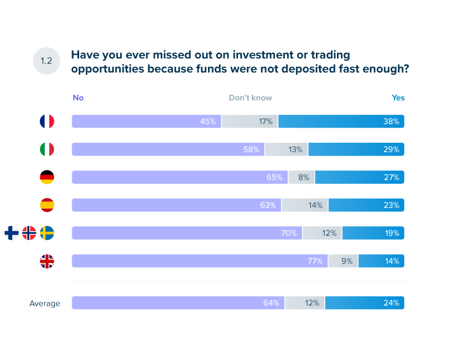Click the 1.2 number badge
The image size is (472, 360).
pyautogui.click(x=47, y=61)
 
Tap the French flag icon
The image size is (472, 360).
pyautogui.click(x=47, y=121)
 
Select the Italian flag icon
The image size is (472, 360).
pyautogui.click(x=47, y=149)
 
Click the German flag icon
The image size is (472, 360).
pyautogui.click(x=47, y=177)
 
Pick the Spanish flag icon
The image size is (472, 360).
pyautogui.click(x=47, y=205)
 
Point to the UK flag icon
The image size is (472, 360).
pyautogui.click(x=47, y=261)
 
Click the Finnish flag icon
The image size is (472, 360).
pyautogui.click(x=12, y=233)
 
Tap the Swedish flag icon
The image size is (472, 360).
pyautogui.click(x=47, y=233)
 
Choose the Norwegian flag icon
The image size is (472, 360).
pyautogui.click(x=29, y=233)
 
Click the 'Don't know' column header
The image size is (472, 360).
pyautogui.click(x=250, y=98)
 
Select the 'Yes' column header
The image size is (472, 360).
pyautogui.click(x=398, y=98)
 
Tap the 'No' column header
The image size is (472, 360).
pyautogui.click(x=78, y=98)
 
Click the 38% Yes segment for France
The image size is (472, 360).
pyautogui.click(x=341, y=121)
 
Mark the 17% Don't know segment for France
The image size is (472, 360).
pyautogui.click(x=250, y=121)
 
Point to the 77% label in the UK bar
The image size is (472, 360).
pyautogui.click(x=314, y=261)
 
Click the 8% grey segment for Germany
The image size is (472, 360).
pyautogui.click(x=302, y=177)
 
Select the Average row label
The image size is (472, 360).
pyautogui.click(x=44, y=303)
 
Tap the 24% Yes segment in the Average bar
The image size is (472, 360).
pyautogui.click(x=365, y=303)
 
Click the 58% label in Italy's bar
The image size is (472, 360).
pyautogui.click(x=251, y=150)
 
